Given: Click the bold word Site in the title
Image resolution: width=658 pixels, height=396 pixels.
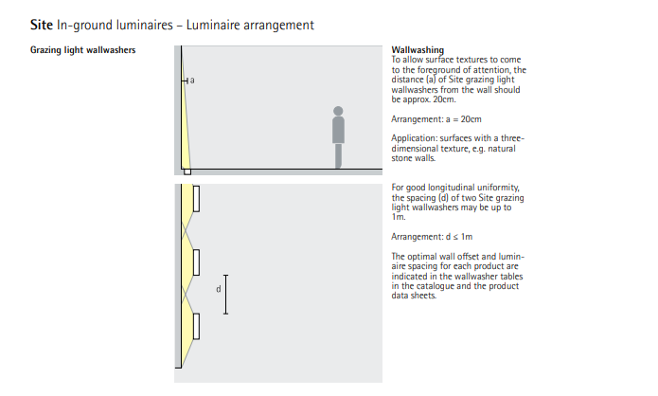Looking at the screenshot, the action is coord(43,24).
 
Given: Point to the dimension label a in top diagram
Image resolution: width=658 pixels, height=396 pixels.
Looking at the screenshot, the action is coord(192,81).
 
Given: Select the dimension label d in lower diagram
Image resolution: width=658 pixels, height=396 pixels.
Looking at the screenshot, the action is coord(218,289).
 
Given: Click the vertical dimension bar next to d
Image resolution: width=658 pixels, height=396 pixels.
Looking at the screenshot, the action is coord(226,294).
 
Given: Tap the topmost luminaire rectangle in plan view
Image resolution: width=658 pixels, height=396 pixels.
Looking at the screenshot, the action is coord(197,198).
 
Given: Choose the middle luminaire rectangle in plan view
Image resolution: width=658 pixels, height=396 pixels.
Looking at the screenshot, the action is coord(197,262).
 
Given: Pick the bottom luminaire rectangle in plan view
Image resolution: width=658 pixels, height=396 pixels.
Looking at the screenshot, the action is coord(197,325).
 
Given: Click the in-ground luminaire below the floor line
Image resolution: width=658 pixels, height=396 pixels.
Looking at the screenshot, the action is coord(187,172).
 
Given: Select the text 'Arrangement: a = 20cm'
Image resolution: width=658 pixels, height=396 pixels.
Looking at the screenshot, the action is coord(436,119).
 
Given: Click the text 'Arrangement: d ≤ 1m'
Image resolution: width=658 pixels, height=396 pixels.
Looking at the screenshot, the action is coord(433,236).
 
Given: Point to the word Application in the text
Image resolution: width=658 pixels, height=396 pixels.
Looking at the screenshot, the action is coord(413,137).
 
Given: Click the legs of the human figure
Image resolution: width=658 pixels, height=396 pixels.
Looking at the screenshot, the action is coord(339,153).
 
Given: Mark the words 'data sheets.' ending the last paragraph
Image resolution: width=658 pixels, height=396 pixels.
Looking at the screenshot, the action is coord(415,296).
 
